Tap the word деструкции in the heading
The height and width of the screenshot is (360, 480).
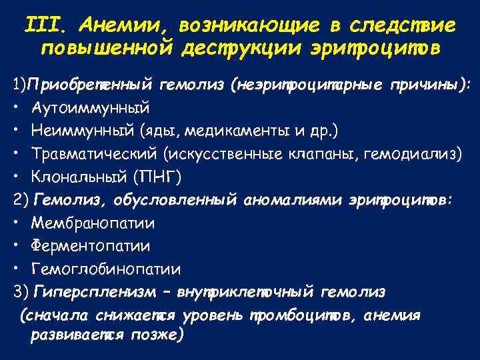(x=243, y=49)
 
